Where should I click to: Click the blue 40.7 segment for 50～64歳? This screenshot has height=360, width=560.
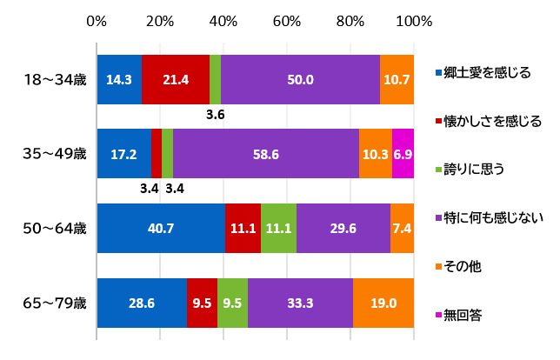(161, 229)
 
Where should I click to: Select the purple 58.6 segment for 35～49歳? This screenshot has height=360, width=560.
(266, 154)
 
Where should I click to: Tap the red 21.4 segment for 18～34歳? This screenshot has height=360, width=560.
(176, 79)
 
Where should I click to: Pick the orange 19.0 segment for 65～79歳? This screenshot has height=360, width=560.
(383, 303)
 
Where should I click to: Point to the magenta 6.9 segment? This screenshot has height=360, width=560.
(403, 154)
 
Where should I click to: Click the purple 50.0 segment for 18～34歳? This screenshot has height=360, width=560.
(300, 79)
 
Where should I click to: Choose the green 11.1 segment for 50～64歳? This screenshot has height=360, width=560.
(278, 229)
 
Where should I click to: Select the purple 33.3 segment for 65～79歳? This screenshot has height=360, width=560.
(300, 303)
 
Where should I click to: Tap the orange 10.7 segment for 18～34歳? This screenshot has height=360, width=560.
(397, 79)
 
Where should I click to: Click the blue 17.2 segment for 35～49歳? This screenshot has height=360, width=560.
(123, 154)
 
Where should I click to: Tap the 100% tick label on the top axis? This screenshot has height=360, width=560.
(414, 20)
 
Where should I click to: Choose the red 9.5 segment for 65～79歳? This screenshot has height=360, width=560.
(202, 303)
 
